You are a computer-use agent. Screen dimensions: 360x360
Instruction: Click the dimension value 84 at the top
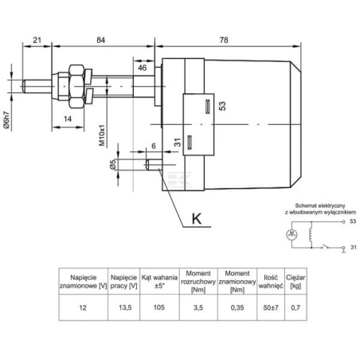tap(100, 40)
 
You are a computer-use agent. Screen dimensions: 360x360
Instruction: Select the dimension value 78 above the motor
tap(224, 40)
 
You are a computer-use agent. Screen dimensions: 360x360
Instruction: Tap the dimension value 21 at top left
tap(37, 40)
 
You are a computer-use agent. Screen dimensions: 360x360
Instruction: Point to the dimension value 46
tap(142, 68)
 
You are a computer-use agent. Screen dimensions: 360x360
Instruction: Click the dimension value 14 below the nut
tap(68, 119)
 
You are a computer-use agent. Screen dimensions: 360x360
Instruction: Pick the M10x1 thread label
tap(102, 135)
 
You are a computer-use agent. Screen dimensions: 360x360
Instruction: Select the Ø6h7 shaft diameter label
tap(6, 120)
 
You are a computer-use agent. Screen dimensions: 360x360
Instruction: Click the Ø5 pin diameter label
tap(113, 165)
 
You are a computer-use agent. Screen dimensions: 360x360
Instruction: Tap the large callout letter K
tap(197, 219)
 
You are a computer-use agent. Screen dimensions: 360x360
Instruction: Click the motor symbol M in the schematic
tap(292, 234)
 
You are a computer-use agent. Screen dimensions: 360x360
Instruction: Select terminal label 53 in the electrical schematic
tap(353, 221)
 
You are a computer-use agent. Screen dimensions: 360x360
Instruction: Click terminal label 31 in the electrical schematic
tap(353, 247)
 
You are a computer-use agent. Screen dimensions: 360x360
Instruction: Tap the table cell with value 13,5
tap(125, 307)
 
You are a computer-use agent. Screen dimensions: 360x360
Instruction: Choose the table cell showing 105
tap(159, 307)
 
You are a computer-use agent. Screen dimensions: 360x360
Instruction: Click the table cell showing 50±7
tap(271, 307)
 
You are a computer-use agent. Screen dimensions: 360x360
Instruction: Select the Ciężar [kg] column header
tap(295, 282)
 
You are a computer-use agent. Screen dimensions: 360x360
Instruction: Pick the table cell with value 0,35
tap(237, 307)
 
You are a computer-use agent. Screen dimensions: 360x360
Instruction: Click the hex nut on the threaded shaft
tap(76, 86)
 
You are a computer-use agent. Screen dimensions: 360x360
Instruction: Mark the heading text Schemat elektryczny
tap(320, 205)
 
